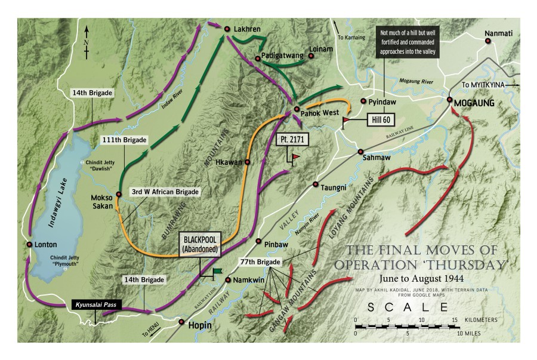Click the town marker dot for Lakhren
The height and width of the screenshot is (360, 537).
coord(227,29)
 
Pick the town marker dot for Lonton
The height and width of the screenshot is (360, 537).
coord(29,245)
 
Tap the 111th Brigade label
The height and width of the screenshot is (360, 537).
coord(124,139)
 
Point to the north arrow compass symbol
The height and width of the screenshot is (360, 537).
coord(88,39)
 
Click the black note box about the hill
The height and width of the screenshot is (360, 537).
coord(406,42)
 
